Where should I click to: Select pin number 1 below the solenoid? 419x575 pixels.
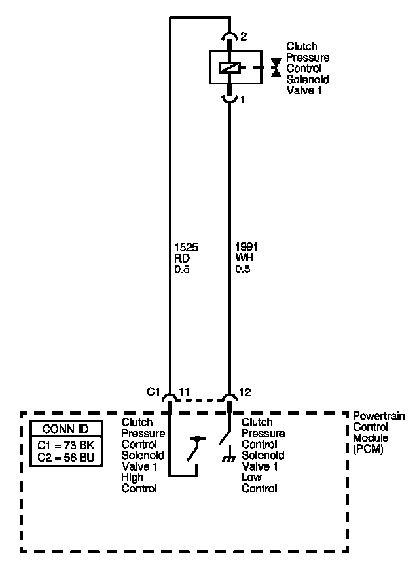coord(242,100)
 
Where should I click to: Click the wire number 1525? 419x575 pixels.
coord(186,247)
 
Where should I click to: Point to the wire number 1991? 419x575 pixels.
coord(247,247)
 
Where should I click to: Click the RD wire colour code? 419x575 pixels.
coord(183,258)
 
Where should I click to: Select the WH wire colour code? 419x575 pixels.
coord(243,258)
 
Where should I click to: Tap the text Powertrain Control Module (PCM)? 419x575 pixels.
coord(378,433)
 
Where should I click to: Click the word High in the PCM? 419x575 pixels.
coord(133,477)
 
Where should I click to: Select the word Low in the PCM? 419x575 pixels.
coord(251,477)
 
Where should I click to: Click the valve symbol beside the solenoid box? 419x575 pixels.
coord(276,66)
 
